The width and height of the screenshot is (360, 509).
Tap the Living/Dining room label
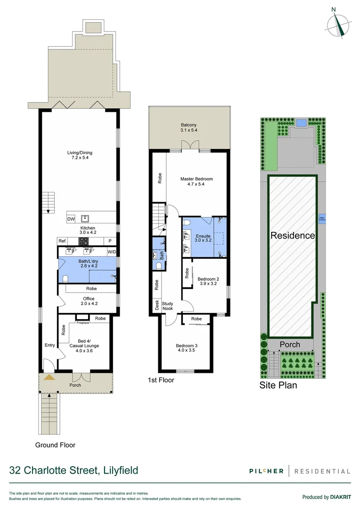tap(79, 155)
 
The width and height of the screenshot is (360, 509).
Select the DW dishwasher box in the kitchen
tap(71, 219)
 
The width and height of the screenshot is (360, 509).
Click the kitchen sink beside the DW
tap(85, 218)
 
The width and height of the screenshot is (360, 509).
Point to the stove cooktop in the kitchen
tap(83, 241)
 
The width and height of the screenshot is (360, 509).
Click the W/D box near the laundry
tap(111, 252)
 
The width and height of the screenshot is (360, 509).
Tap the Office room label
tap(88, 301)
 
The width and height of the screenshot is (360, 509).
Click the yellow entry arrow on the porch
tap(48, 377)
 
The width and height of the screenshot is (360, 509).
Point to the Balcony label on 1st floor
tap(188, 128)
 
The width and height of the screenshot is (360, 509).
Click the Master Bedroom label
tap(196, 182)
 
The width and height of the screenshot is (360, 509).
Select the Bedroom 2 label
tap(207, 281)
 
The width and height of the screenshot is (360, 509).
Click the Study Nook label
tap(168, 306)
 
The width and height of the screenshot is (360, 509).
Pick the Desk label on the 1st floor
tap(156, 304)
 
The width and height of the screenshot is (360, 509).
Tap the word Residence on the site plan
tap(292, 236)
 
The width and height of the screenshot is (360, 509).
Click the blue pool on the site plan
tap(300, 123)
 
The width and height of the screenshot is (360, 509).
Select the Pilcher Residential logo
tap(300, 471)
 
